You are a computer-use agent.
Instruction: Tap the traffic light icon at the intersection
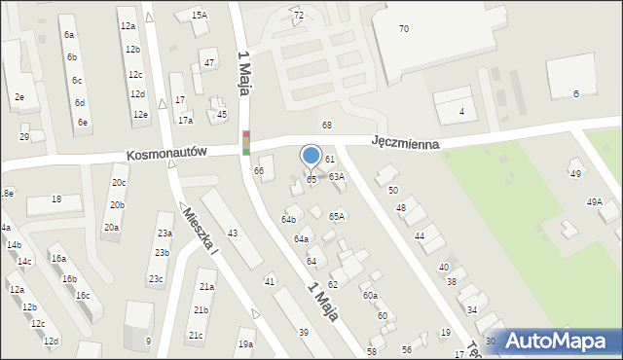246,143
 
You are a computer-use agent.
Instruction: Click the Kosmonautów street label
167,154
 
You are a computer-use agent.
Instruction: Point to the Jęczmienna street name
405,142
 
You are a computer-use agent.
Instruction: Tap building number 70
403,29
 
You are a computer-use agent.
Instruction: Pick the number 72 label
298,16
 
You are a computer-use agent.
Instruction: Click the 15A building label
199,16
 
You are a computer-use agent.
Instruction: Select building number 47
209,63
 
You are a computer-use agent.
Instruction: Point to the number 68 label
327,126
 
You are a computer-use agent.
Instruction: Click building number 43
232,234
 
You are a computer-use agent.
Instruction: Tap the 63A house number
336,177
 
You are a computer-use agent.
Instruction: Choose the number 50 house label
392,191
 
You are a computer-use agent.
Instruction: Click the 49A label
594,202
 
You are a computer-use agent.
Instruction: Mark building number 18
56,199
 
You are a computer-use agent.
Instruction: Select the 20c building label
118,182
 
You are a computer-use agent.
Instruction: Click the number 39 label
304,333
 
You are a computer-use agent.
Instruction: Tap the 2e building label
18,97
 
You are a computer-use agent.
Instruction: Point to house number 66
259,171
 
